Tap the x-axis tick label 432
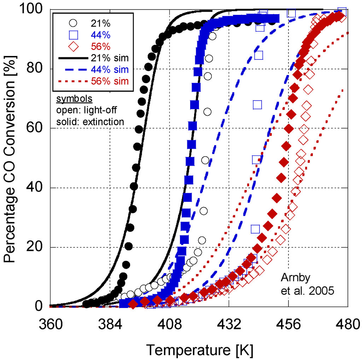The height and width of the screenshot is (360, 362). pyautogui.click(x=229, y=324)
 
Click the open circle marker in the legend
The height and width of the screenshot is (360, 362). pyautogui.click(x=73, y=23)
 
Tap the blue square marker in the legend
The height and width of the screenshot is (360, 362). pyautogui.click(x=73, y=35)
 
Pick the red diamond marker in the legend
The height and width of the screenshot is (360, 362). pyautogui.click(x=73, y=46)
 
